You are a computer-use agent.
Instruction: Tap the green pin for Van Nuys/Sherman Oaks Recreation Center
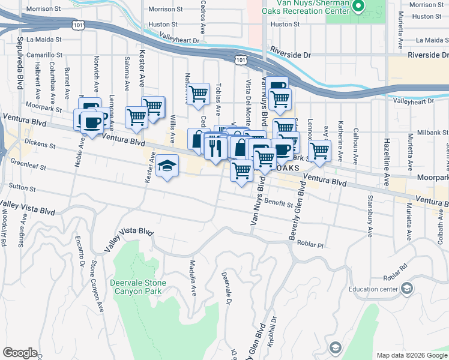358,7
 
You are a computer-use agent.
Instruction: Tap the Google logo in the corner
20,353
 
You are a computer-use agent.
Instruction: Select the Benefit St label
278,204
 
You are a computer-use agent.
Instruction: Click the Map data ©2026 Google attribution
412,355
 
